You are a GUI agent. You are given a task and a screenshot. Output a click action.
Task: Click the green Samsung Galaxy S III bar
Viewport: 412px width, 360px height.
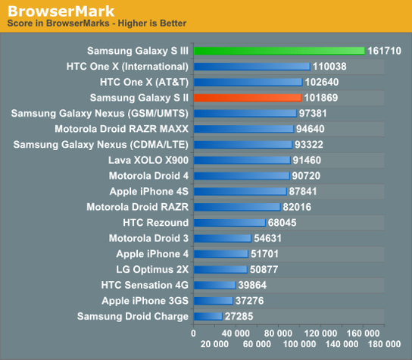[x=279, y=51]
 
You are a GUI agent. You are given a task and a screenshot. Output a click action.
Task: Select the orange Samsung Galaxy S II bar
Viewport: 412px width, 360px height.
[x=248, y=98]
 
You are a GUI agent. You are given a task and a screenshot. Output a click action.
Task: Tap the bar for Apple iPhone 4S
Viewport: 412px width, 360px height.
[x=240, y=191]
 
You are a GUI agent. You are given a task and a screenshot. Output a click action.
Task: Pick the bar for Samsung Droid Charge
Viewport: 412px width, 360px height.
[x=208, y=316]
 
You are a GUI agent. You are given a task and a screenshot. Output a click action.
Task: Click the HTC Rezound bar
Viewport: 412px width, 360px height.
[x=229, y=223]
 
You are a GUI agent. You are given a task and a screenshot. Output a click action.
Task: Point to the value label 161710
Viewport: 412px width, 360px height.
[x=385, y=51]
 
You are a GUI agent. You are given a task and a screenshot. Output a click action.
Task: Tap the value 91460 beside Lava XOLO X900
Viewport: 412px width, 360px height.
[x=310, y=160]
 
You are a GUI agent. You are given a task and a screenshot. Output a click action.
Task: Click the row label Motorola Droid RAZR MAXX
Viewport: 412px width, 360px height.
[x=121, y=129]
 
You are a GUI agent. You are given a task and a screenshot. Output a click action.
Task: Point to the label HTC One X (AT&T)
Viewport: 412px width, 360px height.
[x=144, y=82]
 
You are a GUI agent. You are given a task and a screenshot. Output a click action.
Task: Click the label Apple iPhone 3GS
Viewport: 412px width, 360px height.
[x=139, y=300]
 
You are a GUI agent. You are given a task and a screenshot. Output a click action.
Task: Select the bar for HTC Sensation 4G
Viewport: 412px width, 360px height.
[x=214, y=285]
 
